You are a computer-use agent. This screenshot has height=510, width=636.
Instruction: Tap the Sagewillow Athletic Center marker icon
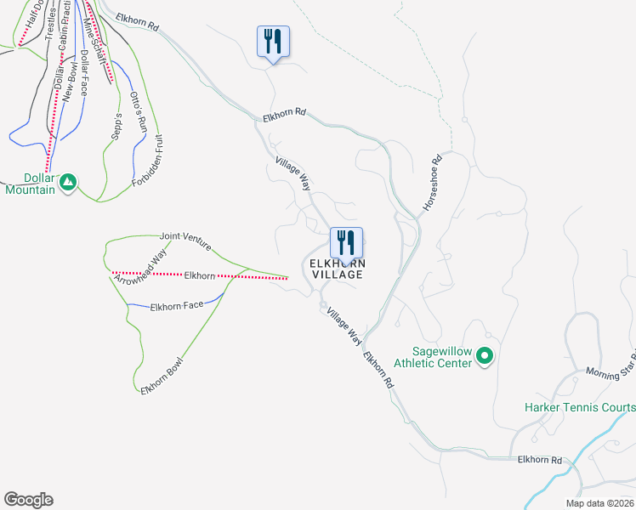[485, 355]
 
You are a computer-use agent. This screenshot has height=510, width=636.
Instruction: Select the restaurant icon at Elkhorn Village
[345, 242]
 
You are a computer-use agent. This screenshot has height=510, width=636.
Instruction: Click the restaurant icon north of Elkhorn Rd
[273, 41]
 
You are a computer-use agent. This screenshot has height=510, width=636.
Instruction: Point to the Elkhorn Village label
[337, 269]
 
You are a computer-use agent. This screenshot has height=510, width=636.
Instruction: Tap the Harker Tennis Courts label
[579, 408]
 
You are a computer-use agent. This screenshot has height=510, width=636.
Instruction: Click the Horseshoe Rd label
[429, 182]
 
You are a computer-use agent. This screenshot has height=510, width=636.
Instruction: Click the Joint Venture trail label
[184, 241]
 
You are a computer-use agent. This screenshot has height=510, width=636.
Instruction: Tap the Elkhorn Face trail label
[177, 304]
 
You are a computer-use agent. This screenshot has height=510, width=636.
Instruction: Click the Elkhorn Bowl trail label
[162, 375]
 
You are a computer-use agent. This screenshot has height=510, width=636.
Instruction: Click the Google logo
[28, 500]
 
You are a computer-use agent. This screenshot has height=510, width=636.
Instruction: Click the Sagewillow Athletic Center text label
[441, 357]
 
